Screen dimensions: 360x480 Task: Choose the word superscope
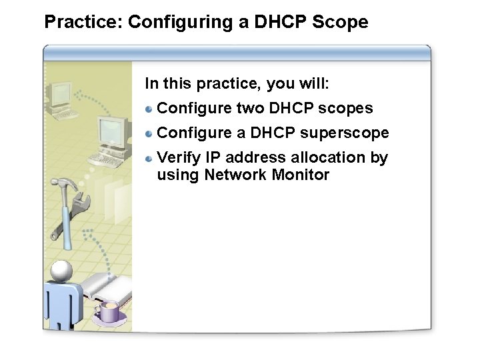(344, 133)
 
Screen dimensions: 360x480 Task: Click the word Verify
(177, 158)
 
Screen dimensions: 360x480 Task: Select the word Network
(235, 175)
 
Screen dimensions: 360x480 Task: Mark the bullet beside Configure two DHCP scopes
(150, 109)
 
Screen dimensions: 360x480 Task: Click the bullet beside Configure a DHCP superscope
(150, 133)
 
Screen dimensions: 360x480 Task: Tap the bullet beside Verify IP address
(150, 159)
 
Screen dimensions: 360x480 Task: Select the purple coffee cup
(108, 311)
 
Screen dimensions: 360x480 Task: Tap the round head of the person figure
(61, 270)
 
